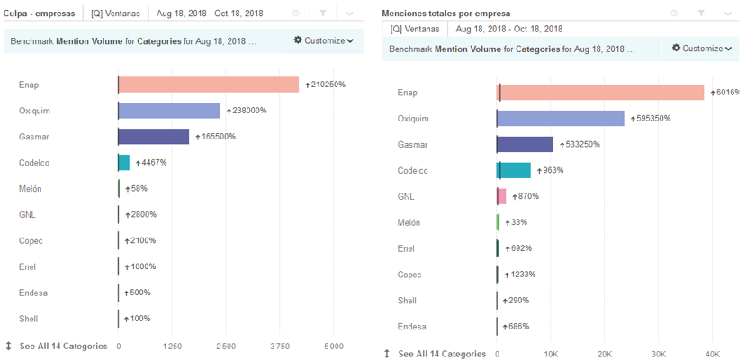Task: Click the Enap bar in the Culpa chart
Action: tap(208, 85)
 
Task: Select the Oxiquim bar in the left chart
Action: tap(169, 111)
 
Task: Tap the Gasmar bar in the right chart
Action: tap(526, 145)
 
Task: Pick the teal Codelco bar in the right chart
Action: tap(514, 171)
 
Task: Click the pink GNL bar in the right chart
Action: tap(501, 196)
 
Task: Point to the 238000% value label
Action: tap(249, 111)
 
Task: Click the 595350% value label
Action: tap(654, 119)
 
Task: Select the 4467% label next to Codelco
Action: tap(153, 163)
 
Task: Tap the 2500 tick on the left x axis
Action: tap(226, 346)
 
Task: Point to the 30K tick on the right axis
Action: tap(659, 355)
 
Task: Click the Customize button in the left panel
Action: tap(324, 41)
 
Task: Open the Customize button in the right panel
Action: tap(702, 49)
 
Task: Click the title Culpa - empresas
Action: tap(40, 13)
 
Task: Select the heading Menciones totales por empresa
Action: tap(445, 13)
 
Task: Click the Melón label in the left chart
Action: tap(31, 189)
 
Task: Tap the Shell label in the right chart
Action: tap(407, 301)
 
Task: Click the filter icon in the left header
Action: tap(323, 13)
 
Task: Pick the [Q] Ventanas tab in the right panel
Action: tap(415, 29)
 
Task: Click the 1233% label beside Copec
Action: tap(524, 274)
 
